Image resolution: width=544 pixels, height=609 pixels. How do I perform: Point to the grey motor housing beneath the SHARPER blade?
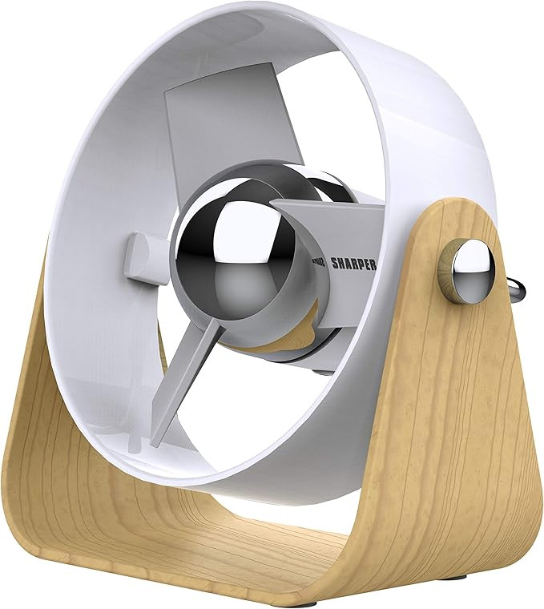pyautogui.click(x=336, y=337)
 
